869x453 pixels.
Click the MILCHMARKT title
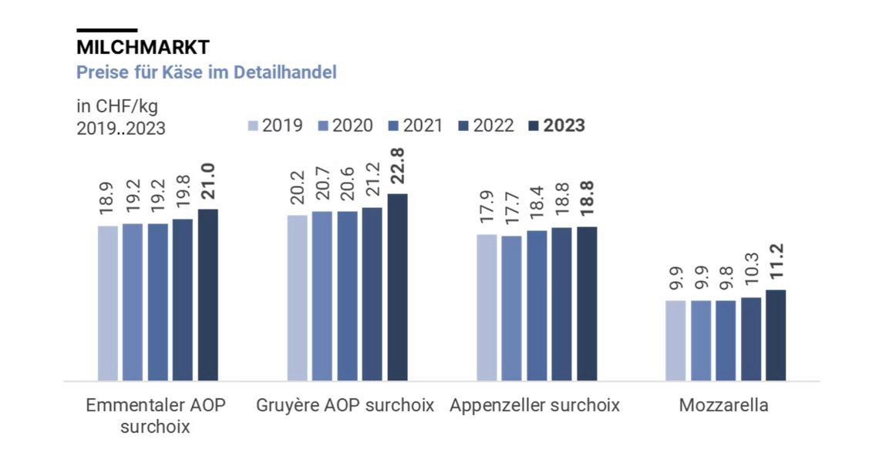pos(143,47)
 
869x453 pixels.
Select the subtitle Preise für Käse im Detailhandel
pos(207,73)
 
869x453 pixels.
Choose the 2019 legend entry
pos(275,126)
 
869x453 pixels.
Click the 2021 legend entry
pos(416,126)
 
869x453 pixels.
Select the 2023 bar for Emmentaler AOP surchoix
pos(208,294)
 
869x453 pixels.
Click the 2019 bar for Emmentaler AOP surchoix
pos(108,303)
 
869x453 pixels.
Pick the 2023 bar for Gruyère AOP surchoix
pos(397,287)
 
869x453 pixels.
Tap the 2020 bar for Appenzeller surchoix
pos(511,307)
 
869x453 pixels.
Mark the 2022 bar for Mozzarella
pos(751,338)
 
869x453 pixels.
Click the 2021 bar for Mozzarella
pos(726,340)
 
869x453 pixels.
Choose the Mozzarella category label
pos(723,405)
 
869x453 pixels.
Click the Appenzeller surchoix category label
pos(534,405)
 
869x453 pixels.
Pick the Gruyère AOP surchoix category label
pos(345,405)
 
